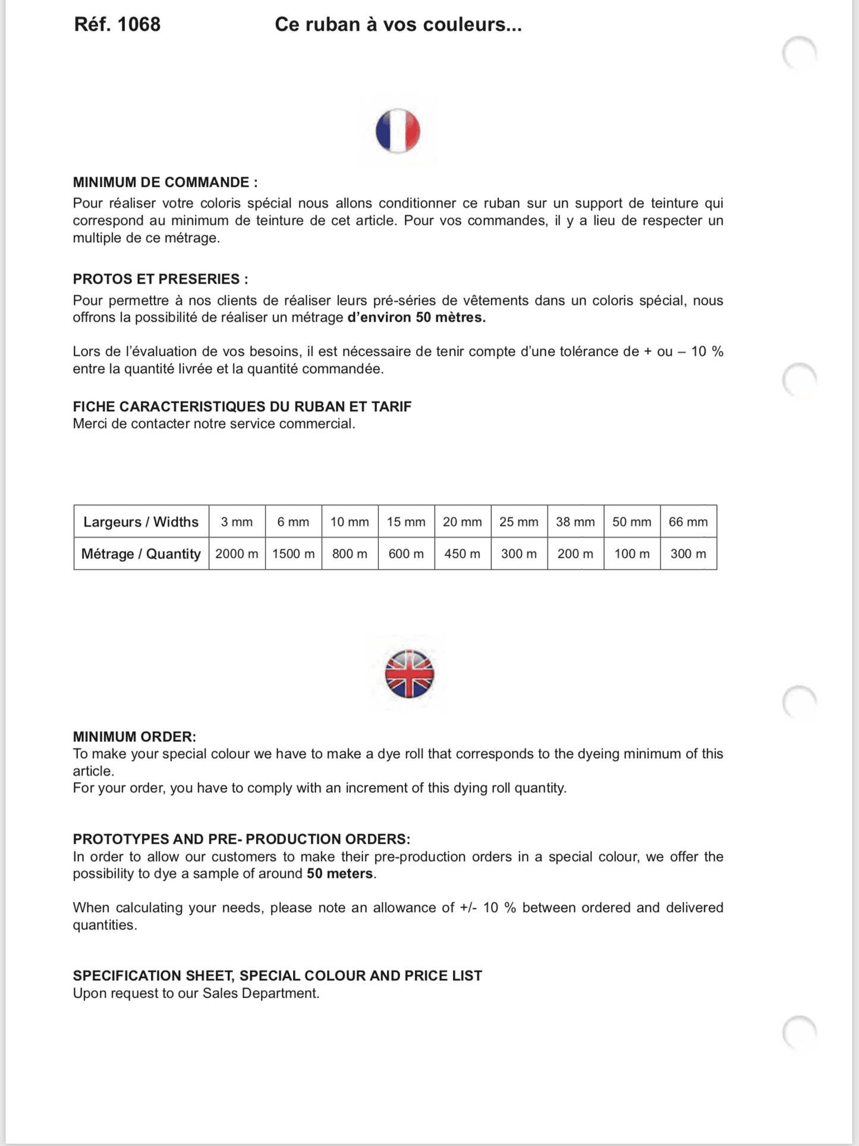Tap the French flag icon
[x=398, y=131]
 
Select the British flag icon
[x=409, y=674]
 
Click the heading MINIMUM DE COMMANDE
[x=165, y=183]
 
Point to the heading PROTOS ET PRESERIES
[x=161, y=279]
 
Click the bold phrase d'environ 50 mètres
[x=416, y=318]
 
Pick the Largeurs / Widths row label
[x=141, y=522]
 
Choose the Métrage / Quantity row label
[x=141, y=554]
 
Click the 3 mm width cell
[x=237, y=522]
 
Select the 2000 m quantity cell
[x=237, y=554]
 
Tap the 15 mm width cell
[x=406, y=522]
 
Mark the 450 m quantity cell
[x=462, y=554]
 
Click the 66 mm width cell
[x=688, y=522]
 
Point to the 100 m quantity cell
[x=632, y=554]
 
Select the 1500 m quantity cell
[x=294, y=554]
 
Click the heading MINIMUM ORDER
[x=134, y=737]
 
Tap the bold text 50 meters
[x=340, y=874]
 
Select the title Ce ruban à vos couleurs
[x=398, y=24]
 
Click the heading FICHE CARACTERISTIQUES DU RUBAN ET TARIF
[x=242, y=407]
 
